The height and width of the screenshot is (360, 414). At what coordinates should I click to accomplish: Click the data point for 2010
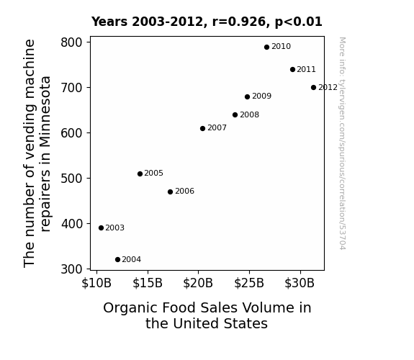[266, 48]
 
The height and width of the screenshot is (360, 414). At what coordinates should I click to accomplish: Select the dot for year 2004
[118, 260]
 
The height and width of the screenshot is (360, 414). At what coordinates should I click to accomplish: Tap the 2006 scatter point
[171, 192]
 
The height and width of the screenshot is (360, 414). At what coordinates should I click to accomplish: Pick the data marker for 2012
[313, 87]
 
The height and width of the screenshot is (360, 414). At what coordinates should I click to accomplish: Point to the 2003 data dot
[101, 228]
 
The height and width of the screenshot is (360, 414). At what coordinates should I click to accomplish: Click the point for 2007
[202, 129]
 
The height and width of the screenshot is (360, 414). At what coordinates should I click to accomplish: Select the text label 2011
[306, 69]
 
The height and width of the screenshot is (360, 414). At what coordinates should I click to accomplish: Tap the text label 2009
[261, 96]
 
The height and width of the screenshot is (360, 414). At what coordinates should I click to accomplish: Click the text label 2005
[153, 174]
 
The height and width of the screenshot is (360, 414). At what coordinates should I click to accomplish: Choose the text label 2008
[250, 115]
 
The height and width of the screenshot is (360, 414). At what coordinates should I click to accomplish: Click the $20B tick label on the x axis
[198, 284]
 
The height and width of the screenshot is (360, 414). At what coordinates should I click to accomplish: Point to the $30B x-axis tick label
[300, 284]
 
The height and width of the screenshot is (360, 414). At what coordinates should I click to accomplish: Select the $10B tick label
[96, 284]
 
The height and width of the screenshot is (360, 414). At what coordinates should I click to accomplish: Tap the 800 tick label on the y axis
[72, 42]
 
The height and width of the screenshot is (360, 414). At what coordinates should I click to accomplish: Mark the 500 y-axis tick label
[72, 179]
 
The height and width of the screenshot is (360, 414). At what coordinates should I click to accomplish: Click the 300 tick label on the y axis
[72, 269]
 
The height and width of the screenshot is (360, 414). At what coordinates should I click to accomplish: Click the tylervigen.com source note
[342, 143]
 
